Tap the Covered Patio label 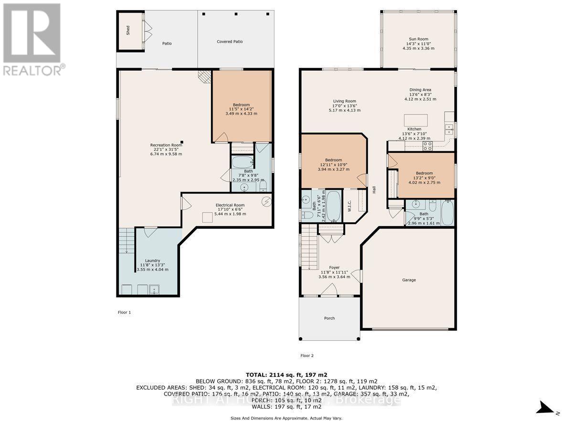230,42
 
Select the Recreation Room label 166,145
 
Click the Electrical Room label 230,205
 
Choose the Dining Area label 420,89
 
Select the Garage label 409,280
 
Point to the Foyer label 334,268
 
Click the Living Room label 344,101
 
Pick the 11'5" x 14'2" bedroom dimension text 243,109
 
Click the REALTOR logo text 33,71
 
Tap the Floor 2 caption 307,355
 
